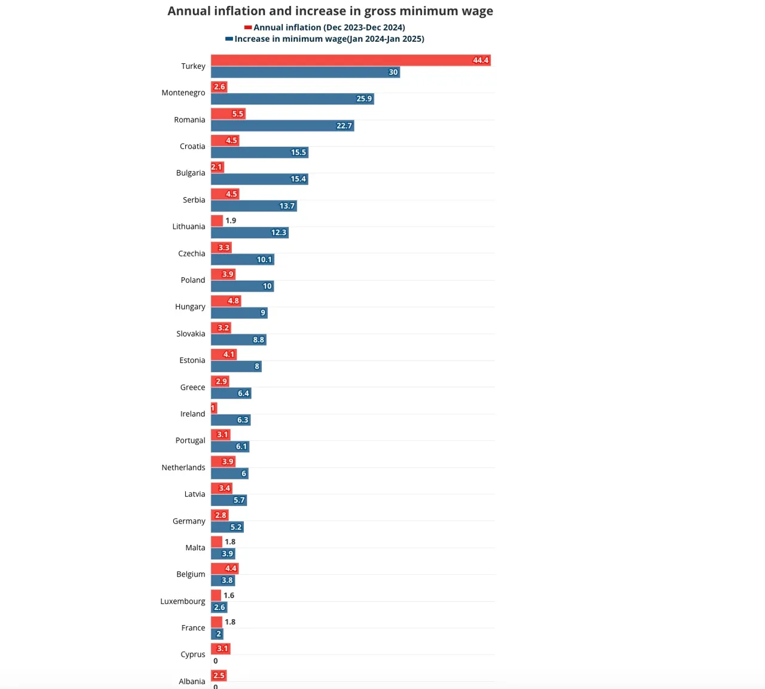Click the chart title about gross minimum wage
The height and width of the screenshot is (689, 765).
click(331, 11)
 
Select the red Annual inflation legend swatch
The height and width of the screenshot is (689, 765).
click(248, 27)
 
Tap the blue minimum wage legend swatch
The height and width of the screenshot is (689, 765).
click(229, 39)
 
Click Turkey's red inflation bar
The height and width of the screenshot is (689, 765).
click(351, 60)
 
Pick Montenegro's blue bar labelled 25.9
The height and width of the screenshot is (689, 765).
click(292, 99)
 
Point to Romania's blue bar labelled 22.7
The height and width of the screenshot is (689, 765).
click(283, 126)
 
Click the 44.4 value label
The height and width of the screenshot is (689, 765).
click(481, 60)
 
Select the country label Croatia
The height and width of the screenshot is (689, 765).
click(192, 146)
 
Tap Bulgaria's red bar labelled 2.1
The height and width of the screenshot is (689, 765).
click(218, 167)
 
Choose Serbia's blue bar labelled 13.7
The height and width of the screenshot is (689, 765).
click(254, 206)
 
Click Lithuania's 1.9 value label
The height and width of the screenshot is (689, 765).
click(231, 221)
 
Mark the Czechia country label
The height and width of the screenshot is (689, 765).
click(192, 253)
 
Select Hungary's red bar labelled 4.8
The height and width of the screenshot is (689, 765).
click(226, 301)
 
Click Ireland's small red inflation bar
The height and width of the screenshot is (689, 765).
click(214, 408)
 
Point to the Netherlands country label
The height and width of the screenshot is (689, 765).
click(183, 467)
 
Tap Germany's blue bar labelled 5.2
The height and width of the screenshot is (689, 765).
click(227, 527)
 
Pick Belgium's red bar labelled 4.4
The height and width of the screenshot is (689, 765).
click(225, 568)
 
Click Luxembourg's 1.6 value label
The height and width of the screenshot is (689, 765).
click(229, 596)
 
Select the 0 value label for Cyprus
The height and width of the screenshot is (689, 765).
click(216, 661)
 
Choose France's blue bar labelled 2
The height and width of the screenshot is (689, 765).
click(217, 634)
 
